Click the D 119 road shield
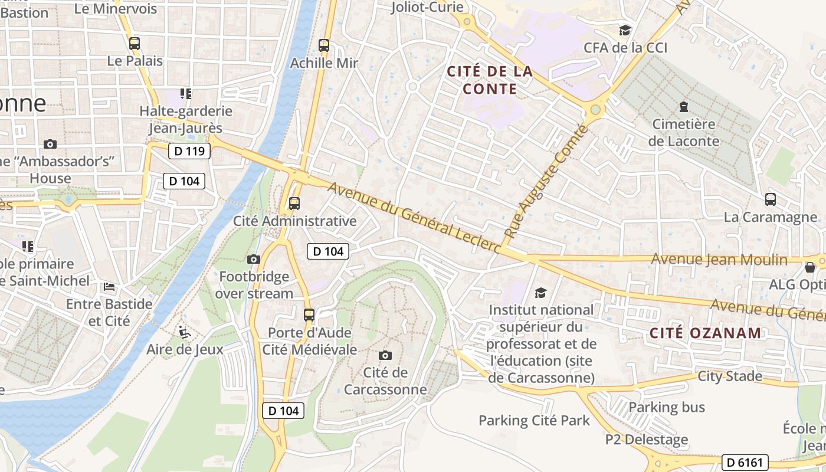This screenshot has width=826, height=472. pyautogui.click(x=189, y=151)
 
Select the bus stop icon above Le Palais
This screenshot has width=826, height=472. pyautogui.click(x=135, y=43)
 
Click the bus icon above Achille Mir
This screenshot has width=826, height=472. pyautogui.click(x=323, y=45)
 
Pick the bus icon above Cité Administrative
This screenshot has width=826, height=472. pyautogui.click(x=294, y=204)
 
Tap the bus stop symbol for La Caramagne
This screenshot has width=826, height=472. pyautogui.click(x=771, y=199)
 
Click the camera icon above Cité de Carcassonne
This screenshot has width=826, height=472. pyautogui.click(x=385, y=355)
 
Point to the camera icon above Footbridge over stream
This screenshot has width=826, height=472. pyautogui.click(x=254, y=259)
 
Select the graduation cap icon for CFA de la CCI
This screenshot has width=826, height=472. pyautogui.click(x=625, y=30)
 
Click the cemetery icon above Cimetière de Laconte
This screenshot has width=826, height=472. pyautogui.click(x=683, y=107)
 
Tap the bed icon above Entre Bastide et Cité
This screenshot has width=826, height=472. pyautogui.click(x=109, y=287)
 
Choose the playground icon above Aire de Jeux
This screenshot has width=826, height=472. pyautogui.click(x=185, y=332)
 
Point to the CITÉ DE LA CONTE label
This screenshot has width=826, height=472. pyautogui.click(x=490, y=80)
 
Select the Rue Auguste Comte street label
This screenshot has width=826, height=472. pyautogui.click(x=546, y=184)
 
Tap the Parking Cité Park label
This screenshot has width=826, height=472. pyautogui.click(x=534, y=421)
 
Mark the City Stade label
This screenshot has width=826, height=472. pyautogui.click(x=730, y=376)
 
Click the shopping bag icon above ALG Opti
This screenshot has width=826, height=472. pyautogui.click(x=810, y=267)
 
